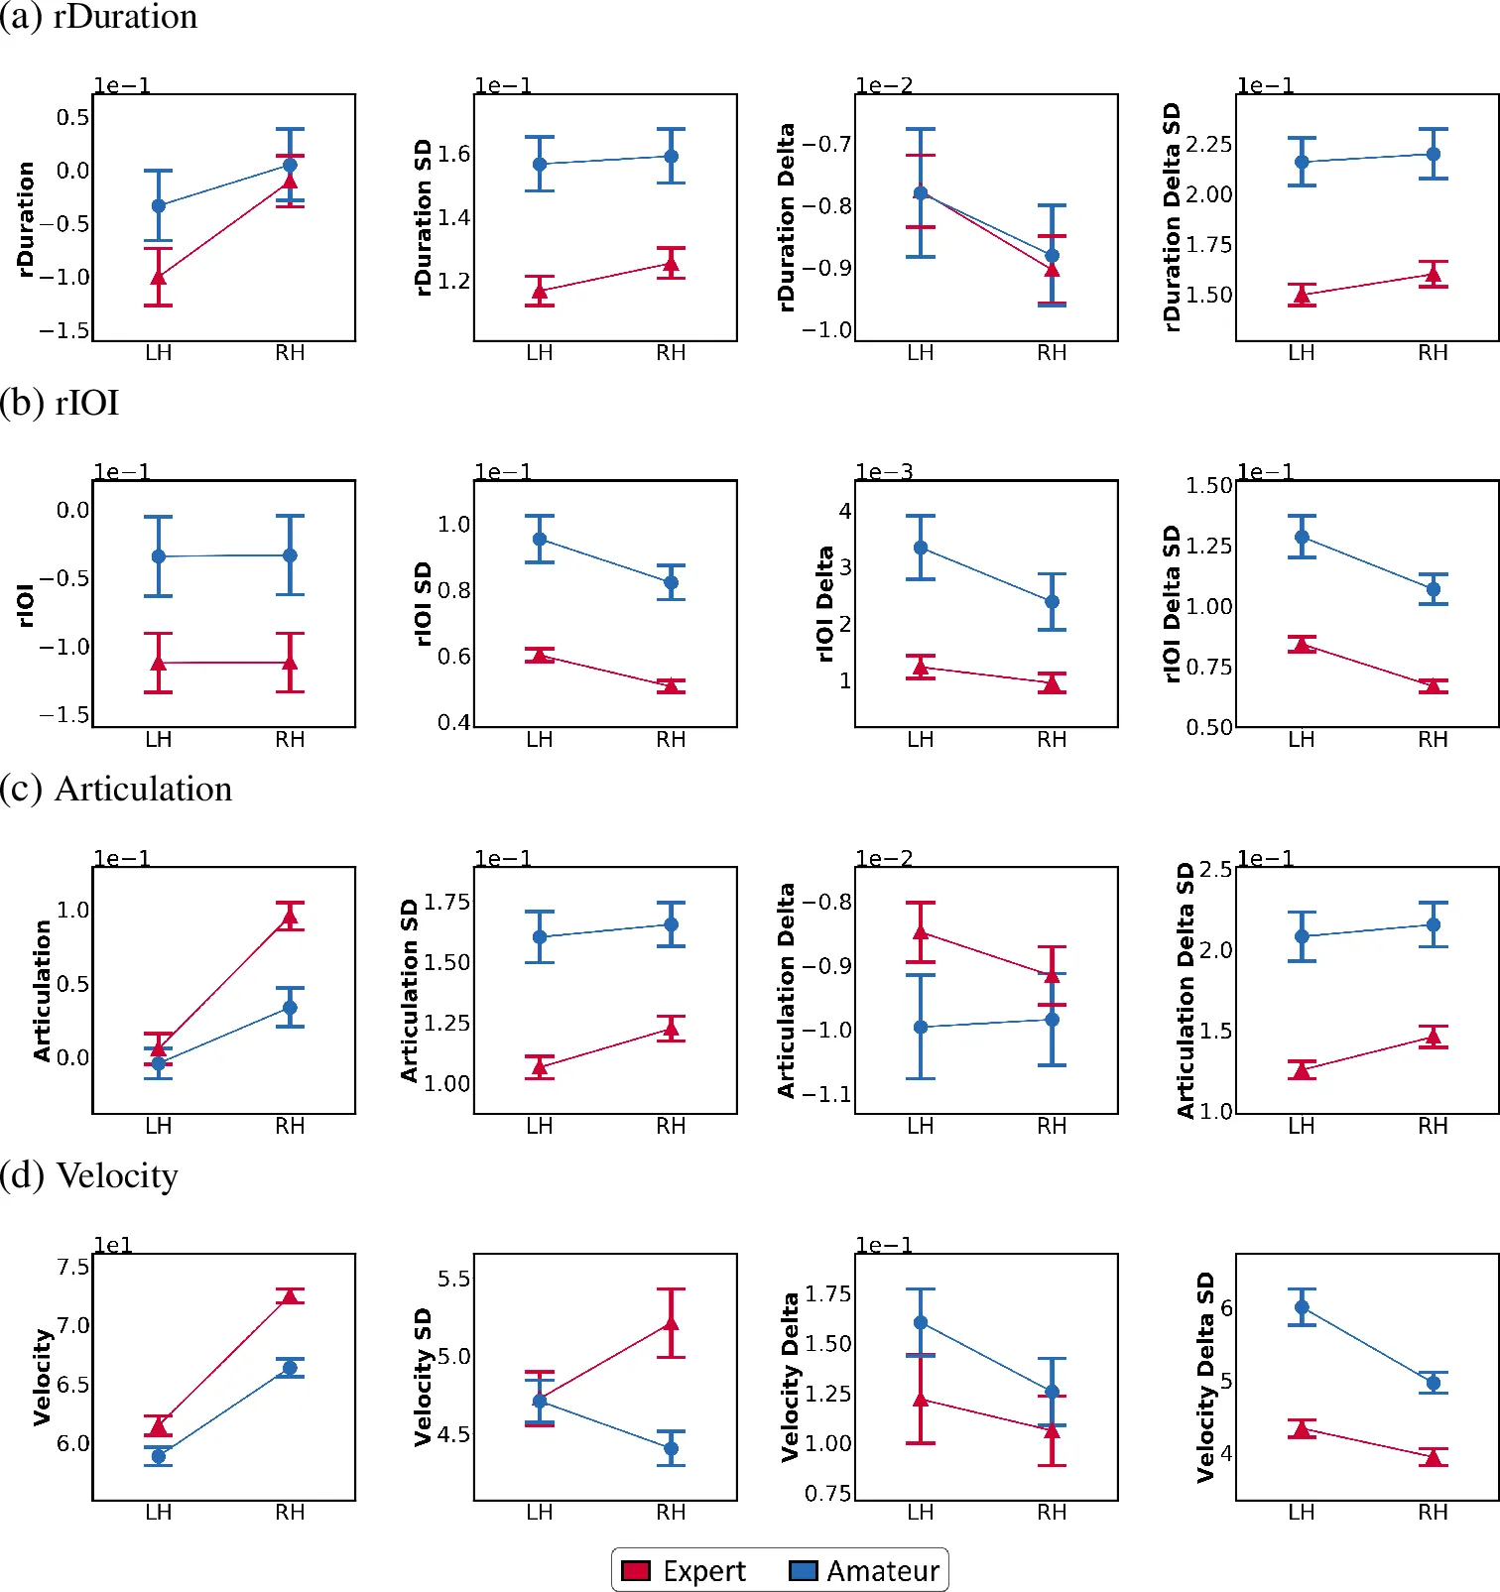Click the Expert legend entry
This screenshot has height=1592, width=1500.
point(684,1571)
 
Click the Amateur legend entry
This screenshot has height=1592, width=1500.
point(864,1571)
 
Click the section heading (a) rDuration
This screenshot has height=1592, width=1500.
point(99,17)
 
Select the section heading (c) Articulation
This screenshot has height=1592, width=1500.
point(116,789)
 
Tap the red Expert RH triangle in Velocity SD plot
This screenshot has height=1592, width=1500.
point(672,1323)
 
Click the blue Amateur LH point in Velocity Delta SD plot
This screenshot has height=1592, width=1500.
point(1302,1307)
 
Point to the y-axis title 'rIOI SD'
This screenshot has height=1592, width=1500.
point(423,603)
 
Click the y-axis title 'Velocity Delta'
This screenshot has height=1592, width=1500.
point(790,1377)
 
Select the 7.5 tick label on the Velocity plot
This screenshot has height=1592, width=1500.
point(72,1267)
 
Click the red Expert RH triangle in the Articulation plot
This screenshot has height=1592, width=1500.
point(290,917)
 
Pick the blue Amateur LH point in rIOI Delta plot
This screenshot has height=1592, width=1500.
point(921,548)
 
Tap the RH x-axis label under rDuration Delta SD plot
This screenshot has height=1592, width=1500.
point(1433,353)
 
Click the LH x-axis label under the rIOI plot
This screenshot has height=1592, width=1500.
point(159,740)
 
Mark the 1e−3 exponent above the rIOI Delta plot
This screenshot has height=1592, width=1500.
point(884,472)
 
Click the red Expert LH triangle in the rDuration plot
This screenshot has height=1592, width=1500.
point(159,277)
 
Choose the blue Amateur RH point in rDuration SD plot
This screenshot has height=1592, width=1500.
point(672,156)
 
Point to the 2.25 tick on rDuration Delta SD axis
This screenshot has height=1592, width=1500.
point(1209,145)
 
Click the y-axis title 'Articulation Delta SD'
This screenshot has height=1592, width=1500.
point(1186,990)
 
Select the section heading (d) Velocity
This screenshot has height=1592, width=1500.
point(89,1175)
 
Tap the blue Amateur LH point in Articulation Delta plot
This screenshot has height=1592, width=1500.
point(921,1028)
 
